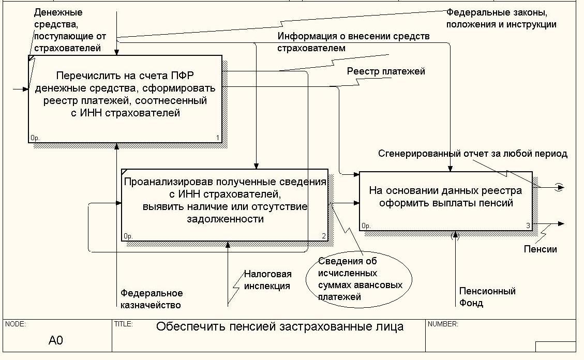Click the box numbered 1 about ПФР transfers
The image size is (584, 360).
point(125,98)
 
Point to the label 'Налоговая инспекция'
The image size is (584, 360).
point(267,280)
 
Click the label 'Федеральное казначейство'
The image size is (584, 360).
point(151,299)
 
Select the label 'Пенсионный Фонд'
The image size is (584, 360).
point(487,297)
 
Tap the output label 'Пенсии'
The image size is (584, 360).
point(540,249)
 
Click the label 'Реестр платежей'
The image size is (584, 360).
point(386,71)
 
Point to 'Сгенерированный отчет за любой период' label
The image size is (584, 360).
point(473,154)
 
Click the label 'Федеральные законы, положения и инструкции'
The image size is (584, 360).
point(501,18)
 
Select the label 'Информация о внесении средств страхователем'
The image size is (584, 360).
point(353,42)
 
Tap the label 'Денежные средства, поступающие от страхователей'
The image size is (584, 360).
point(67,30)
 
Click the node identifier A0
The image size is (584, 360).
point(56,340)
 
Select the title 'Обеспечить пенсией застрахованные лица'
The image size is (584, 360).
point(280,327)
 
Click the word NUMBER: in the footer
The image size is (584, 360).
point(442,324)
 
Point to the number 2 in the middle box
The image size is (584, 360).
point(324,237)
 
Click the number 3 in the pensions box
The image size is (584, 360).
point(528,226)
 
